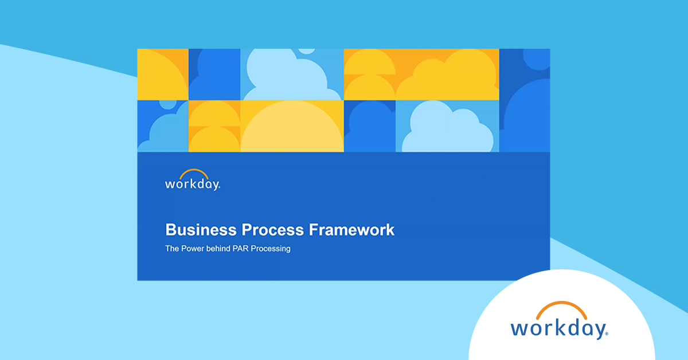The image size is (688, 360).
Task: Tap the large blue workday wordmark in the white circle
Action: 559,328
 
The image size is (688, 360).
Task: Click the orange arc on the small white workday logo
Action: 193,172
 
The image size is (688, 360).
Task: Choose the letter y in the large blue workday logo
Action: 597,331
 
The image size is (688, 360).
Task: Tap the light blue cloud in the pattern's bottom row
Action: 447,129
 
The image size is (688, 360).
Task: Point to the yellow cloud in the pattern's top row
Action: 453,77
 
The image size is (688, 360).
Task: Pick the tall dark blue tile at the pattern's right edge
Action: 524,100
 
